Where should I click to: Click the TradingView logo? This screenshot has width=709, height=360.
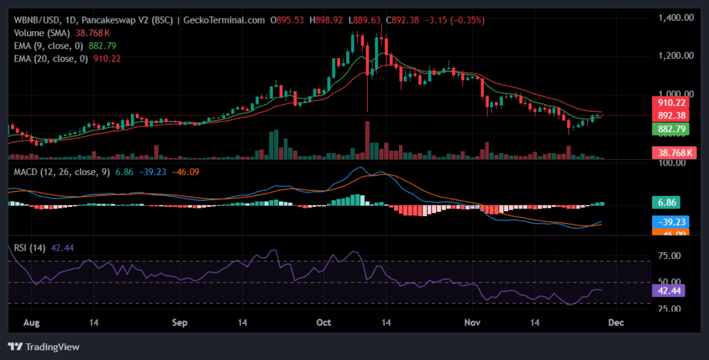43,346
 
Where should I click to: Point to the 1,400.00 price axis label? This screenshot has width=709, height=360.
675,17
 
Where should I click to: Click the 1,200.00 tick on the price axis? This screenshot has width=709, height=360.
675,55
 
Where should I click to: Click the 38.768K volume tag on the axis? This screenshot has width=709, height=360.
671,152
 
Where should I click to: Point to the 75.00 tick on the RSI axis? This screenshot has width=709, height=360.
669,256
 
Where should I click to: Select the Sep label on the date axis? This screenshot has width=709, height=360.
180,323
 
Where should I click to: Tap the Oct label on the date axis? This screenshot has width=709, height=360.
324,323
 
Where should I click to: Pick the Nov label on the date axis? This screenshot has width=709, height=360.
472,323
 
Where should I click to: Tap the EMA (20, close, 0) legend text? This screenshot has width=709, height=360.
51,59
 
